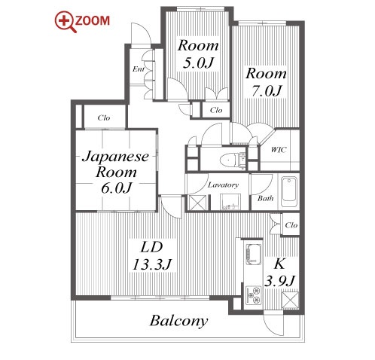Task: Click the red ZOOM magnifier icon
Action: (66, 22)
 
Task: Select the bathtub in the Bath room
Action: (288, 191)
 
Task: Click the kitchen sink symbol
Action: (254, 254)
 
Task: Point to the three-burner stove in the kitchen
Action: (254, 295)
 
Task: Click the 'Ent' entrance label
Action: (139, 69)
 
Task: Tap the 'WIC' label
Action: (279, 150)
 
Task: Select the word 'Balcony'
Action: (179, 321)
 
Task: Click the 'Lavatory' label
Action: (223, 185)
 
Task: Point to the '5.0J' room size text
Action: (198, 63)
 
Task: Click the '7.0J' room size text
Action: (267, 90)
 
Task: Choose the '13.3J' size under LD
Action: (152, 264)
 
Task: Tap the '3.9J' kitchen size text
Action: (279, 280)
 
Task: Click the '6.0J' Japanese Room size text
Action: (116, 188)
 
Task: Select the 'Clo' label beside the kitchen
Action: (291, 225)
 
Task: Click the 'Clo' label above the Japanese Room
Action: (104, 117)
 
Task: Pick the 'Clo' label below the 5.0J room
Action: (216, 110)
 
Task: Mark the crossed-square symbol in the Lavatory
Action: (197, 203)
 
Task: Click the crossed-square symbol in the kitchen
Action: (291, 300)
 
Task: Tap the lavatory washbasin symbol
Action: (230, 202)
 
